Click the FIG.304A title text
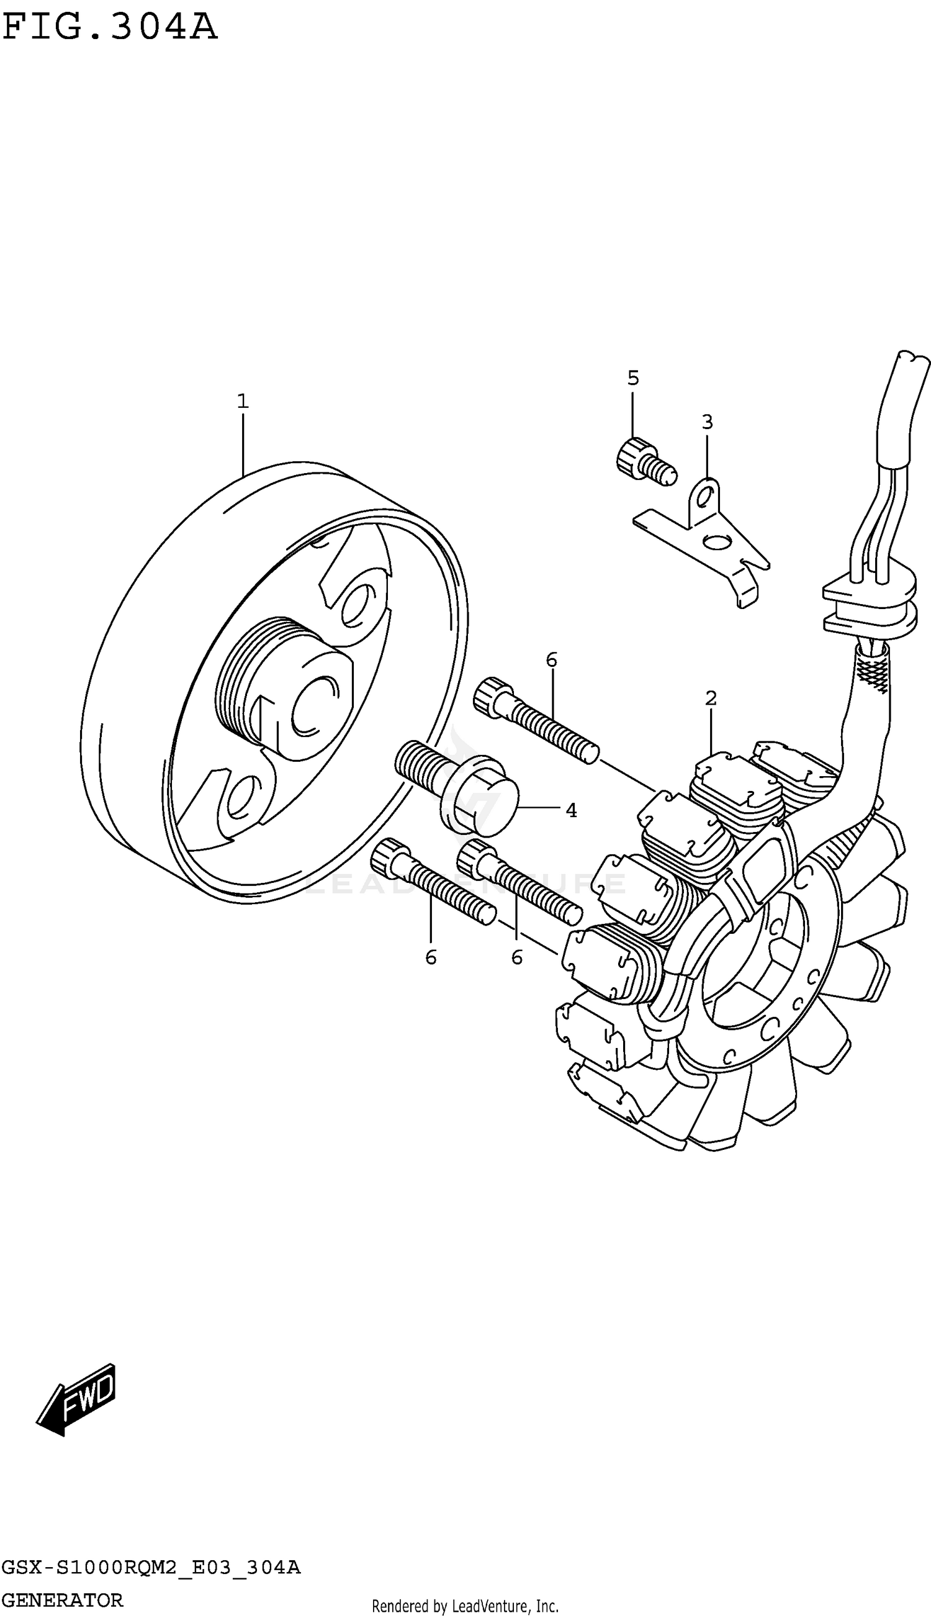(x=110, y=27)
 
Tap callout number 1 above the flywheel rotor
(x=242, y=402)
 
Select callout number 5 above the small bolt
(x=632, y=378)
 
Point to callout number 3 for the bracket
(x=706, y=422)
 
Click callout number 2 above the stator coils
(x=711, y=698)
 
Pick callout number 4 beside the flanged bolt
(x=571, y=810)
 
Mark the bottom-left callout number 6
(x=430, y=957)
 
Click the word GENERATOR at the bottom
(x=62, y=1600)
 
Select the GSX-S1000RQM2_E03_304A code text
(x=150, y=1568)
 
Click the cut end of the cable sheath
(x=913, y=361)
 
